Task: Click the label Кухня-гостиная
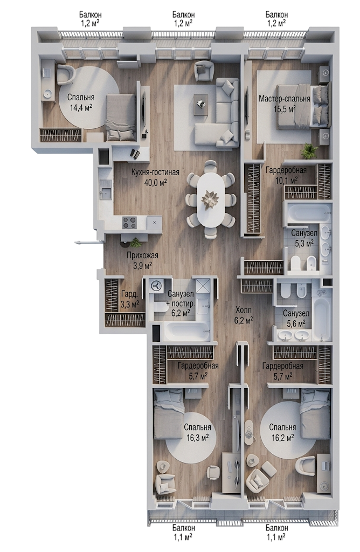tap(155, 172)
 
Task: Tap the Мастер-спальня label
tap(285, 99)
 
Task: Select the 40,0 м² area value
tap(155, 182)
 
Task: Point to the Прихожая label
tap(143, 256)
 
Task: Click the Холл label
tap(244, 310)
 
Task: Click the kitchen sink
tap(106, 192)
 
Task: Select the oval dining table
tap(210, 199)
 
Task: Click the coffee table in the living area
tap(202, 105)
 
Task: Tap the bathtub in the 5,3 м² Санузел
tap(308, 213)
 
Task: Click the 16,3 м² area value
tap(197, 437)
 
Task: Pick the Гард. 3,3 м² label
tap(130, 299)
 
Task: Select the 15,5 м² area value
tap(285, 108)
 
